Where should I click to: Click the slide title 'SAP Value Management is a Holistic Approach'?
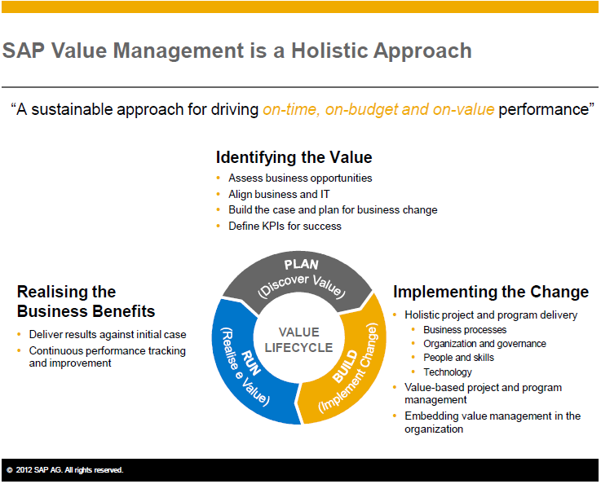click(x=237, y=51)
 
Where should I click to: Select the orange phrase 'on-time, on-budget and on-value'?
click(x=378, y=109)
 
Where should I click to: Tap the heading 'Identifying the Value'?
click(x=294, y=157)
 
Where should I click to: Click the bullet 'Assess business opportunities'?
click(x=300, y=178)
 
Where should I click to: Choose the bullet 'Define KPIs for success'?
click(x=285, y=226)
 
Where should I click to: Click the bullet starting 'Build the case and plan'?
click(x=333, y=209)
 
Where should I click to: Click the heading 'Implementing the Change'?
click(x=491, y=292)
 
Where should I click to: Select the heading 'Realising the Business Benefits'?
click(x=86, y=301)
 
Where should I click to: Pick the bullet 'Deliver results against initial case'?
click(x=108, y=334)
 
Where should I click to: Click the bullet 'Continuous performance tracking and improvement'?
click(x=107, y=357)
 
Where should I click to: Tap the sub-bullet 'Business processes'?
click(x=465, y=330)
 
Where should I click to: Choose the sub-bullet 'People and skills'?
click(x=458, y=358)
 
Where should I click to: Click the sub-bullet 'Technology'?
click(x=448, y=372)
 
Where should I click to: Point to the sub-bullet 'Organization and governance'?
click(x=484, y=344)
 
